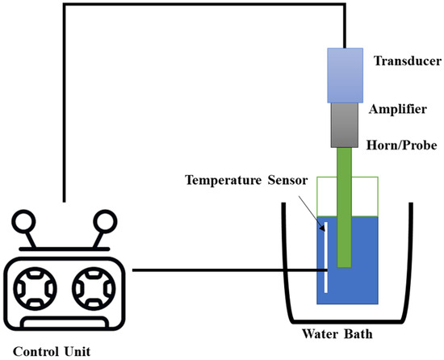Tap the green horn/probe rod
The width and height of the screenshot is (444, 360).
click(x=346, y=210)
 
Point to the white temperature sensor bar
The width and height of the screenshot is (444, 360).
click(x=326, y=258)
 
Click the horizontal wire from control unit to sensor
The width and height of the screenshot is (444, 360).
click(x=218, y=271)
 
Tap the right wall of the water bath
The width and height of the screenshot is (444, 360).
click(x=406, y=258)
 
